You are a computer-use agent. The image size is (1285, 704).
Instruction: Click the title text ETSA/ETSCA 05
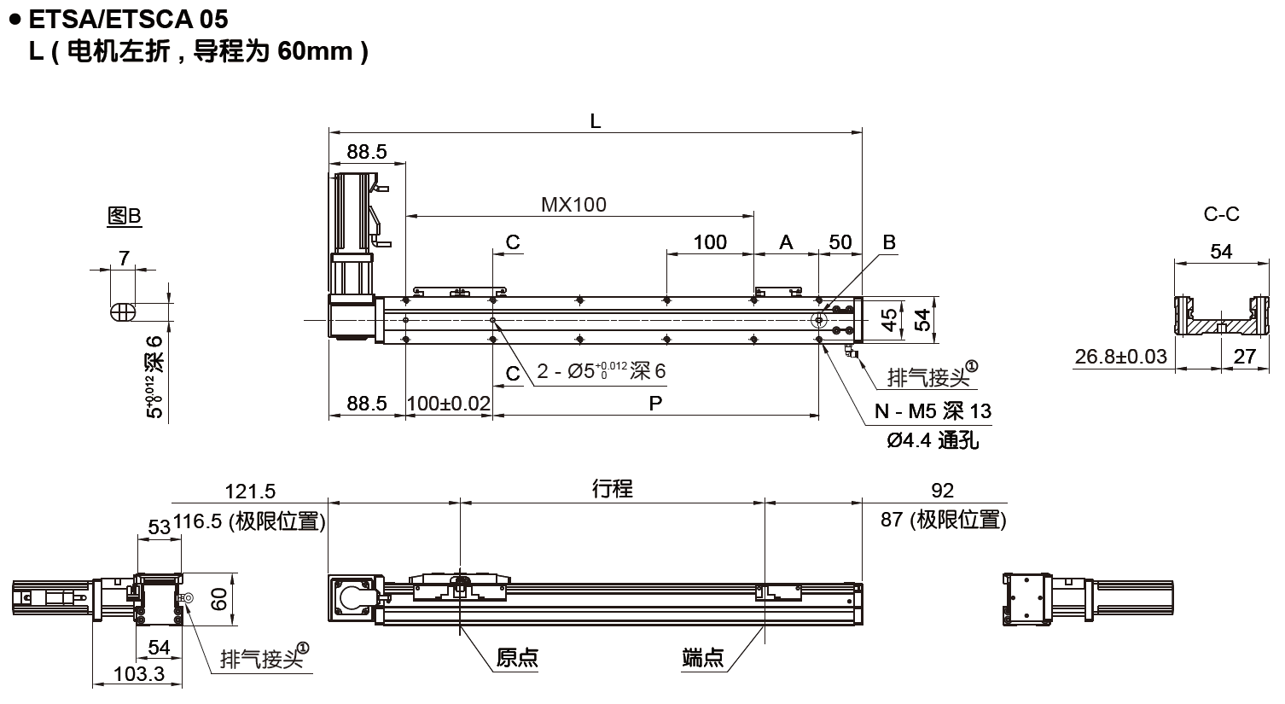pos(127,18)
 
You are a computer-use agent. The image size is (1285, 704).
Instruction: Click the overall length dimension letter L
pos(596,121)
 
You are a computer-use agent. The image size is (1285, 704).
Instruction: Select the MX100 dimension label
pos(573,204)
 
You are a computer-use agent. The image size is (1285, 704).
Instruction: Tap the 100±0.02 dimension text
pos(449,403)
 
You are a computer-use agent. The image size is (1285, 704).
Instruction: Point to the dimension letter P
pos(655,403)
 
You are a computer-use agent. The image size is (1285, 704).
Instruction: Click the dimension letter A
pos(786,242)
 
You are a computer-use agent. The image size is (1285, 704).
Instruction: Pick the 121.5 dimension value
pos(250,491)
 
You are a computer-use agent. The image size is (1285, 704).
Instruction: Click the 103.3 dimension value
pos(138,673)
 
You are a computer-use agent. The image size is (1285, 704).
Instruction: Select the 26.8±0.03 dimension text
pos(1120,356)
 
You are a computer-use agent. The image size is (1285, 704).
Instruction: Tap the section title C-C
pos(1221,214)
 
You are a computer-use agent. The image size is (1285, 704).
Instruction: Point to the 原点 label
pos(517,657)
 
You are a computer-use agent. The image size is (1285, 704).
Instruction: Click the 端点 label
pos(703,657)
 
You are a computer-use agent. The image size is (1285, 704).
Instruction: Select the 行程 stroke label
pos(613,488)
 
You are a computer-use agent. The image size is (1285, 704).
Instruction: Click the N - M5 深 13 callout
pos(933,411)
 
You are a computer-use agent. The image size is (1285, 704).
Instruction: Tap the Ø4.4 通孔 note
pos(933,440)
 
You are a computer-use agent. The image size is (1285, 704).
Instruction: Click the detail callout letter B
pos(888,242)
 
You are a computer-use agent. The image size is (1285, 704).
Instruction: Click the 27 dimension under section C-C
pos(1245,356)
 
